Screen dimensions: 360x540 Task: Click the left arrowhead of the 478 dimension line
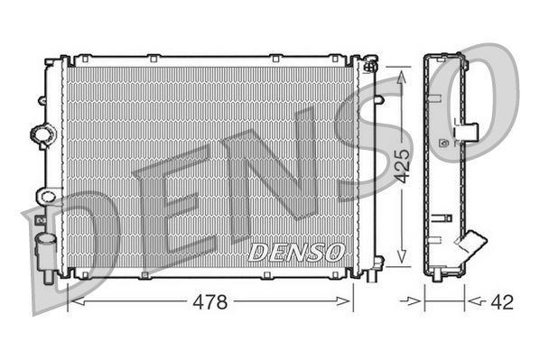[73, 302]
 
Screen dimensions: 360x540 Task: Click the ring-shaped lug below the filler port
[45, 194]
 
